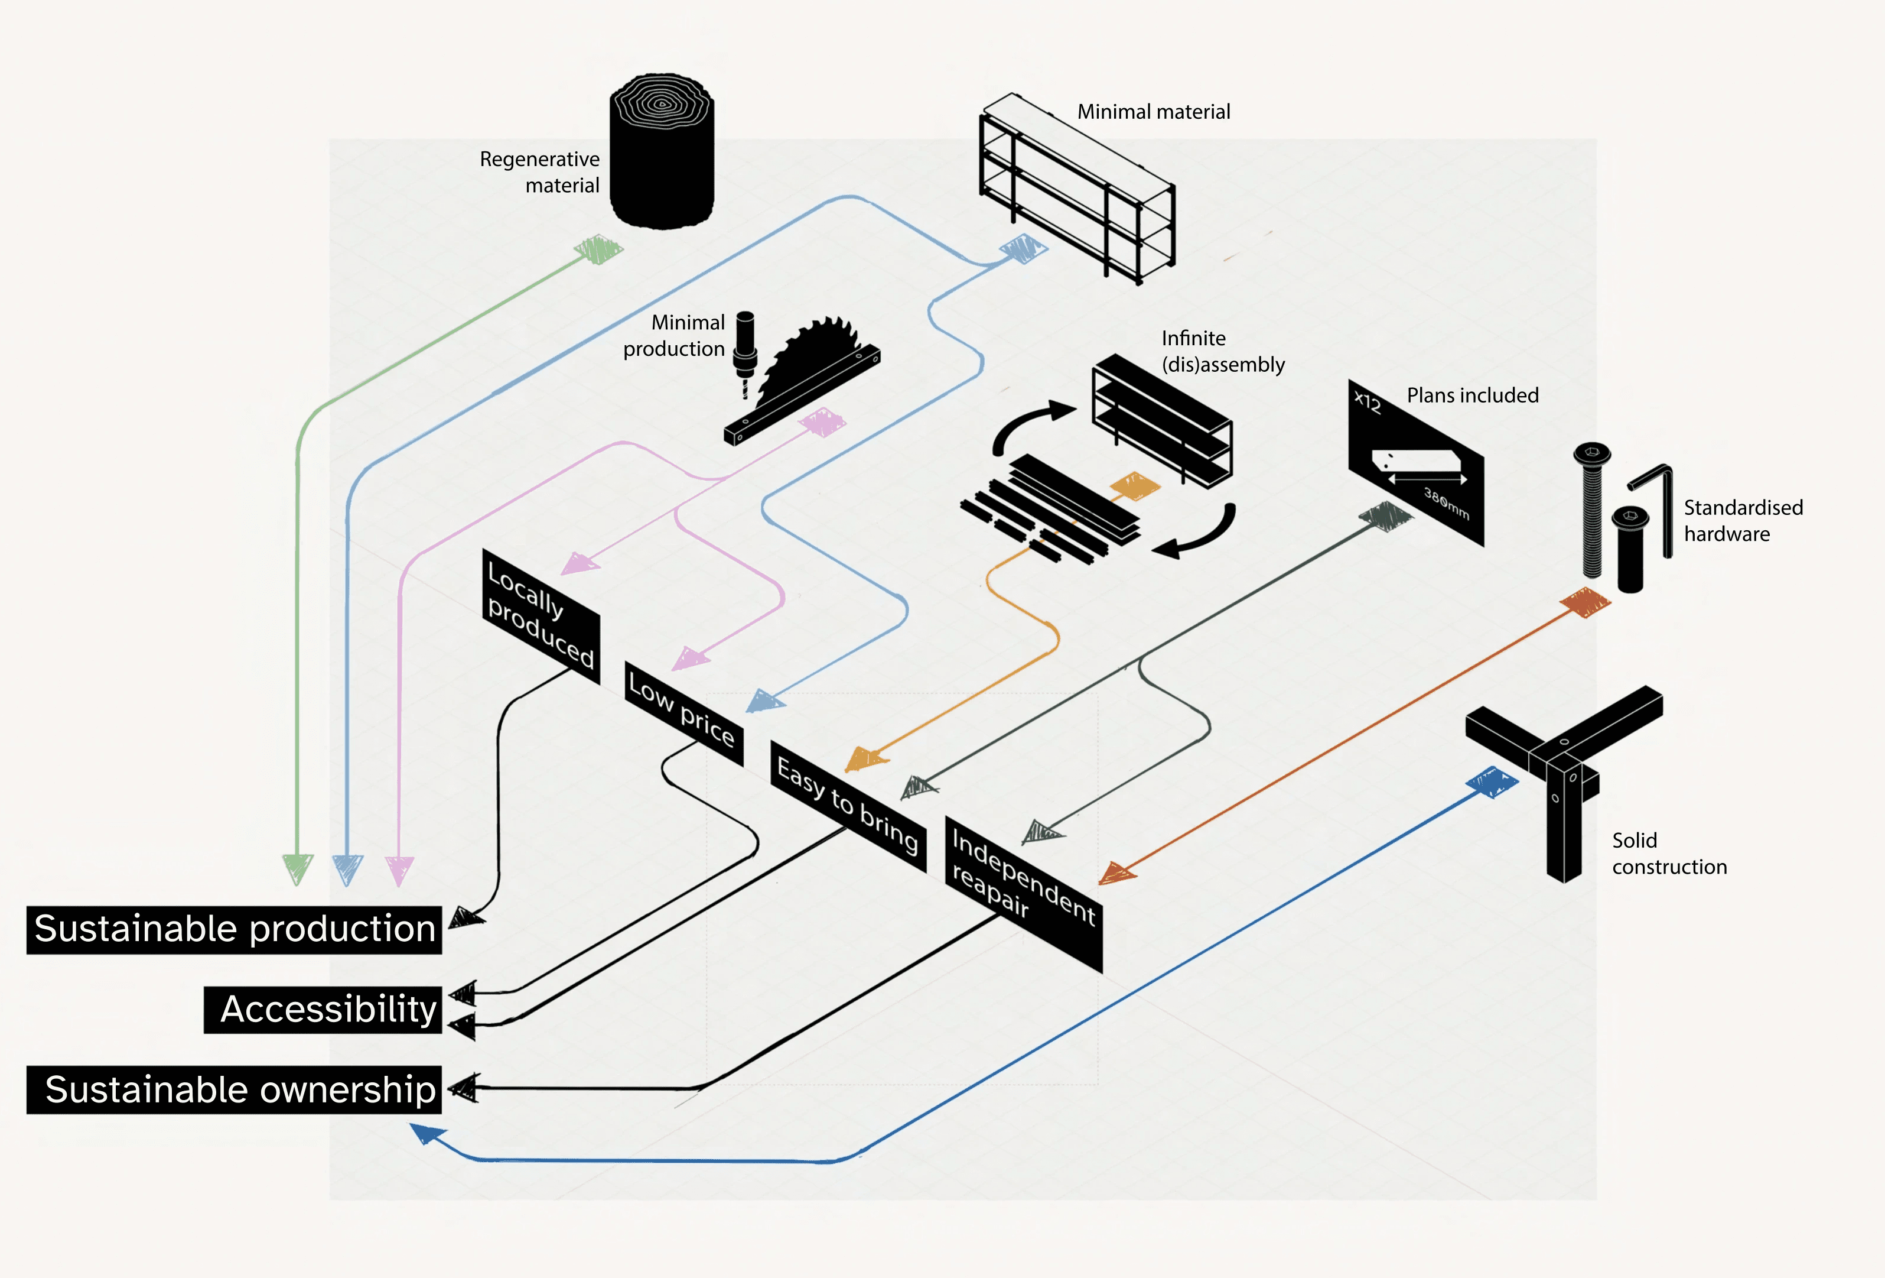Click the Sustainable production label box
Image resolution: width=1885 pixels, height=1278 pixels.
coord(235,929)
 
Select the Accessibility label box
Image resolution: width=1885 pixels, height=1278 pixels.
coord(323,1010)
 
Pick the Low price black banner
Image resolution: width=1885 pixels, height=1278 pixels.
coord(683,712)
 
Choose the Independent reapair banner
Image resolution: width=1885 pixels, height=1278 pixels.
coord(1024,893)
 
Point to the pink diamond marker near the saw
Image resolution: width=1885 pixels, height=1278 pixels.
coord(822,422)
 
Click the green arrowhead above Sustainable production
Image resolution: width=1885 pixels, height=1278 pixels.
coord(298,868)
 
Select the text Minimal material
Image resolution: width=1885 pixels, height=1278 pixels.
coord(1153,112)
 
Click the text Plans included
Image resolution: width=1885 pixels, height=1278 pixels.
coord(1472,395)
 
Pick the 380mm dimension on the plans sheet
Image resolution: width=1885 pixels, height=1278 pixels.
coord(1446,503)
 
